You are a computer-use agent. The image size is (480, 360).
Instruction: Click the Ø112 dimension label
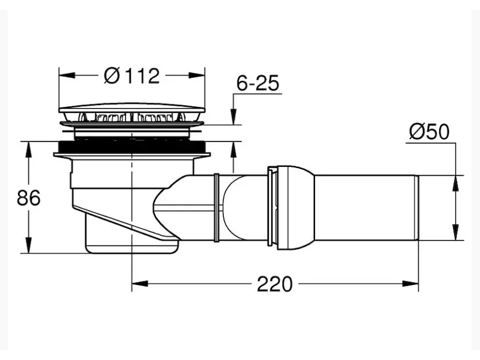coord(131,76)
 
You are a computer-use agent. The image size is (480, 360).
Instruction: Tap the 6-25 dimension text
coord(258,83)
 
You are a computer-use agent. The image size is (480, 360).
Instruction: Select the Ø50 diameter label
coord(429,131)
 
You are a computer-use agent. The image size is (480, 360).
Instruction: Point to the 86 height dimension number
coord(28,198)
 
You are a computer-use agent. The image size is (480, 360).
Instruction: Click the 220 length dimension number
coord(275,284)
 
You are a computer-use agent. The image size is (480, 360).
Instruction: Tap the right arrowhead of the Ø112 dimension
coord(197,76)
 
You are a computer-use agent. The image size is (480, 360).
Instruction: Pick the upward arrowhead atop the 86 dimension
coord(28,149)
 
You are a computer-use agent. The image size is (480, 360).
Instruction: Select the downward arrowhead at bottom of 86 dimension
coord(28,245)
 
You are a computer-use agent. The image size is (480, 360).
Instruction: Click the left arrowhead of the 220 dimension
coord(140,284)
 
